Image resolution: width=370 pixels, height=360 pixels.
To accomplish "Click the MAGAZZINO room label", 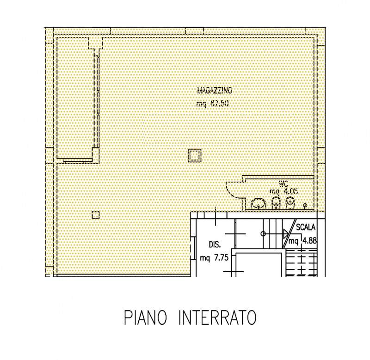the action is (215, 90).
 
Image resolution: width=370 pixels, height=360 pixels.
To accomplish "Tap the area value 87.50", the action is (219, 103).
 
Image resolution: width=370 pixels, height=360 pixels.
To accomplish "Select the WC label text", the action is (284, 184).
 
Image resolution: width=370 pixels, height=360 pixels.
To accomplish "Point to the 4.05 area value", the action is (290, 191).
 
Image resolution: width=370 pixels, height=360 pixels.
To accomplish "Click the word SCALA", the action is (306, 227).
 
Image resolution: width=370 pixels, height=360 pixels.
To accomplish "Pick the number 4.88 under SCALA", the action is (309, 241).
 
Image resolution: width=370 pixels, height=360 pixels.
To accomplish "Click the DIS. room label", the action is (215, 244).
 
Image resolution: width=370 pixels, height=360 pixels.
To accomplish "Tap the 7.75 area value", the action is (221, 258).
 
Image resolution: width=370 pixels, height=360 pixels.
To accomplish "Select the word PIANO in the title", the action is (145, 318).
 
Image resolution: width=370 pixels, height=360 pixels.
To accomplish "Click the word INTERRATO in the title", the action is (217, 318).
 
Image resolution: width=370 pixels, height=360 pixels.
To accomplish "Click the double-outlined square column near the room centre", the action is (194, 156).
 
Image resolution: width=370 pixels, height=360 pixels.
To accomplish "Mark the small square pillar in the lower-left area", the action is (96, 215).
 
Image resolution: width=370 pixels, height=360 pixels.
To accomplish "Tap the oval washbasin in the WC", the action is (259, 204).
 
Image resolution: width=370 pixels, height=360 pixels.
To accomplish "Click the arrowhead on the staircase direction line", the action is (286, 234).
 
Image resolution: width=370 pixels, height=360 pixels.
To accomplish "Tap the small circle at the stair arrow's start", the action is (263, 234).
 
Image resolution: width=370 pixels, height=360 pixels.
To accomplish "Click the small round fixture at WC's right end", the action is (305, 206).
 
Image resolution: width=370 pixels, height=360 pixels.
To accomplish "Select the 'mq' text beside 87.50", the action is (201, 104).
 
